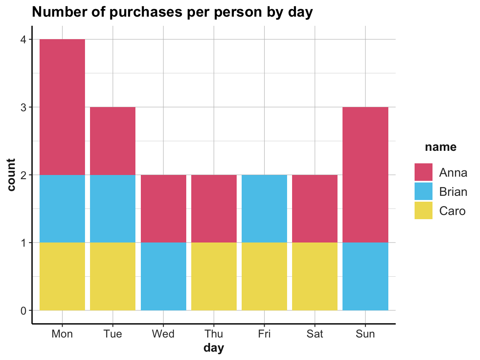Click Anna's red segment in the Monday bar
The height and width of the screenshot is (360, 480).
[62, 107]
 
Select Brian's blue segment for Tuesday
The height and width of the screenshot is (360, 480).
[112, 208]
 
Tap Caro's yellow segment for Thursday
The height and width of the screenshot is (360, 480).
[214, 276]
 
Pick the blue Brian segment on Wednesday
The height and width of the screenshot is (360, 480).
[163, 276]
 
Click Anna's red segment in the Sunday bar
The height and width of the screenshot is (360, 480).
[365, 175]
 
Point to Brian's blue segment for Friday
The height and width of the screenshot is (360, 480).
[264, 208]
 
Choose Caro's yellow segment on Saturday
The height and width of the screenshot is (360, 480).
[315, 276]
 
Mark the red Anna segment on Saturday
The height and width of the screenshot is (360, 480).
[315, 208]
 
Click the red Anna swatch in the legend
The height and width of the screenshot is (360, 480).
[423, 172]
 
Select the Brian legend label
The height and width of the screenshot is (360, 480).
[453, 192]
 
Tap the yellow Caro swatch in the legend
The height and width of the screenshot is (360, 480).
[423, 211]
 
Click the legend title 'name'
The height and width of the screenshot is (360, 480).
[440, 147]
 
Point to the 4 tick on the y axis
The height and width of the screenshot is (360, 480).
[24, 40]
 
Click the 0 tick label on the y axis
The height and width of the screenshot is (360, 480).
[24, 310]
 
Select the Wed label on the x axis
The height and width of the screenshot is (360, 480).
[163, 334]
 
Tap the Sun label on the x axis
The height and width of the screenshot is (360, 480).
[365, 334]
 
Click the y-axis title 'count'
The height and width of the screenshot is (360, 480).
[11, 175]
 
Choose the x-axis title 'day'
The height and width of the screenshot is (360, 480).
[214, 348]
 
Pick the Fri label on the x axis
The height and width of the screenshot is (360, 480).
[264, 334]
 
